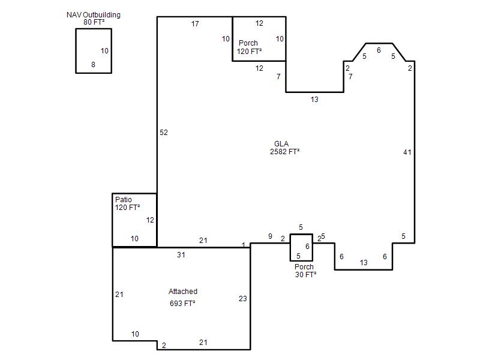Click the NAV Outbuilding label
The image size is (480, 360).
click(94, 14)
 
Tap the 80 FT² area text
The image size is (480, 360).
click(94, 22)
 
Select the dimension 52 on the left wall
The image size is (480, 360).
click(164, 132)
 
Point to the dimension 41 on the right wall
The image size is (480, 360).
click(407, 152)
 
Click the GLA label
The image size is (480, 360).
click(281, 143)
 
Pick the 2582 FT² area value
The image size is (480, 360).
click(284, 152)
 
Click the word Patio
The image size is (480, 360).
click(124, 199)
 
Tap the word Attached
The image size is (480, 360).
click(183, 292)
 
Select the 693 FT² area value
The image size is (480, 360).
click(182, 304)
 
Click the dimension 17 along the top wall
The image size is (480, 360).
click(195, 23)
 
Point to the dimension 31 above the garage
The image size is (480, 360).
click(181, 254)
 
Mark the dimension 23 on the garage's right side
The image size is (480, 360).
click(243, 298)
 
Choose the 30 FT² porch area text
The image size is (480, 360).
click(305, 275)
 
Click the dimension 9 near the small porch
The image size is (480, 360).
click(270, 236)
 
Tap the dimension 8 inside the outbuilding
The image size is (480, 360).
click(93, 65)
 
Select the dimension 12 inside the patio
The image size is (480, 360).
click(150, 220)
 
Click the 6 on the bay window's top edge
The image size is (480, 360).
click(379, 50)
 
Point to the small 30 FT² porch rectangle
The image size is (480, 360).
click(290, 247)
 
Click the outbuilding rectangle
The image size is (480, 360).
click(76, 51)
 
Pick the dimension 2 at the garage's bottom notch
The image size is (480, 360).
click(164, 346)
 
